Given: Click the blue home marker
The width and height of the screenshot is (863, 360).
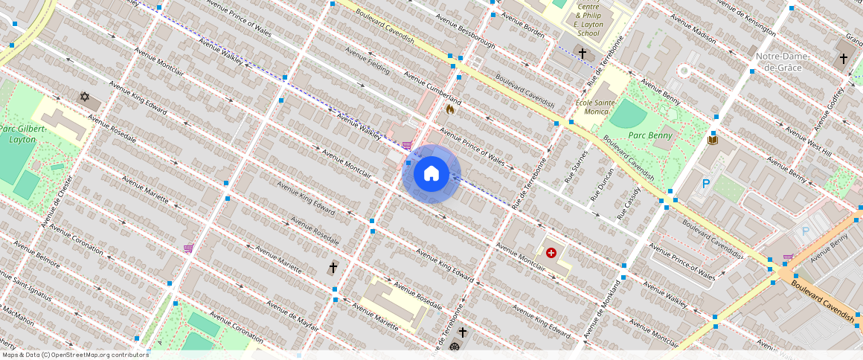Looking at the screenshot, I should click(x=431, y=174).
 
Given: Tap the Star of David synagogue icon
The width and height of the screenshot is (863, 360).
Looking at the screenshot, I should click(x=85, y=97).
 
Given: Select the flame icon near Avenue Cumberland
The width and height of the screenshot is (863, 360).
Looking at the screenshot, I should click(x=449, y=109).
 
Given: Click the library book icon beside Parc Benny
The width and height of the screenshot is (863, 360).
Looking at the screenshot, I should click(x=713, y=140).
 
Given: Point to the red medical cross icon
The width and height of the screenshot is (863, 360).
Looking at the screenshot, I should click(x=551, y=253).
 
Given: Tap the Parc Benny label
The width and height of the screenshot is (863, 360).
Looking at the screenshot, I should click(x=649, y=135).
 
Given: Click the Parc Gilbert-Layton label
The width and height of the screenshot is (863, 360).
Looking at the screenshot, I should click(x=23, y=134).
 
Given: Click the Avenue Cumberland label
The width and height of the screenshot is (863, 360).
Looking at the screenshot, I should click(x=433, y=89).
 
